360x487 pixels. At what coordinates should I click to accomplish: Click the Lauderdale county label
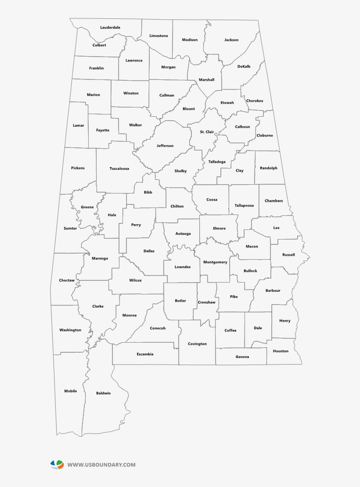click(x=110, y=27)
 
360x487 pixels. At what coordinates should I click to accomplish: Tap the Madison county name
click(x=190, y=39)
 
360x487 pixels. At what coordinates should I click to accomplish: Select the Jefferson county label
click(x=165, y=146)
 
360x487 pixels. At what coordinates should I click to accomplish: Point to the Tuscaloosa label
click(x=119, y=168)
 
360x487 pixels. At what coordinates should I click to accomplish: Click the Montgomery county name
click(x=215, y=262)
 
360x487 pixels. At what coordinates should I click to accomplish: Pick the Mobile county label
click(x=71, y=391)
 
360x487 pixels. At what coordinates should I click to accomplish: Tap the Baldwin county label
click(x=104, y=393)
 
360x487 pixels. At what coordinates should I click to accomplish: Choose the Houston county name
click(x=281, y=351)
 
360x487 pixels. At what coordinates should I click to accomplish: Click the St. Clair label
click(x=207, y=132)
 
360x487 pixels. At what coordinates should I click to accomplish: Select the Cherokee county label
click(x=255, y=101)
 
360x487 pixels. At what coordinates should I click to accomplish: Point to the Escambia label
click(x=145, y=354)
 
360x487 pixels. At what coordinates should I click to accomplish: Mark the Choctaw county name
click(x=67, y=280)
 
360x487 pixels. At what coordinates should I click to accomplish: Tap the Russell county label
click(x=288, y=254)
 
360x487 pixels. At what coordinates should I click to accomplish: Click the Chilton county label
click(x=177, y=206)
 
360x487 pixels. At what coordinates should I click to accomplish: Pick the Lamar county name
click(x=78, y=125)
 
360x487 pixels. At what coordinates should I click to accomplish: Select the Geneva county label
click(x=242, y=357)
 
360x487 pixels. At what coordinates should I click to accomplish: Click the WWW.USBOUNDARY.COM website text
click(x=101, y=465)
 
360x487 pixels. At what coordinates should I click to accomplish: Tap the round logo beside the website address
click(x=57, y=465)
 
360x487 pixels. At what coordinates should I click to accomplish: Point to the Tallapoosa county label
click(x=244, y=205)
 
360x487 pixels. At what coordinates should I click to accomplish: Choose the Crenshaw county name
click(x=207, y=302)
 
